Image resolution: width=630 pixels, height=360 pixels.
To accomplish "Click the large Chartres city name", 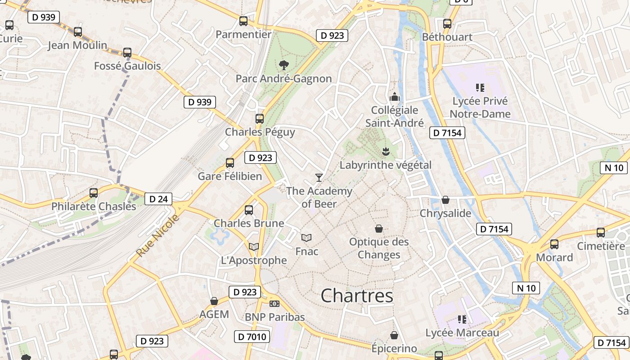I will pyautogui.click(x=357, y=296).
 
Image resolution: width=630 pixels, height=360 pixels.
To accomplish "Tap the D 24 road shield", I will pyautogui.click(x=158, y=199).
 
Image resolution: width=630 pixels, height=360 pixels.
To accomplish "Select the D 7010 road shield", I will pyautogui.click(x=252, y=337).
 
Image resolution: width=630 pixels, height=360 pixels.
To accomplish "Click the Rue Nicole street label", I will pyautogui.click(x=157, y=236).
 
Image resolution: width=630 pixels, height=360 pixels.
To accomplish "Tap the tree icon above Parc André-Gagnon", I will pyautogui.click(x=283, y=65).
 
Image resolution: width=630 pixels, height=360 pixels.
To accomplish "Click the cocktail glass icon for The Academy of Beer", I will pyautogui.click(x=319, y=177).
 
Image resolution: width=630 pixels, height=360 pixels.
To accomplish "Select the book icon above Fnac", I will pyautogui.click(x=306, y=238).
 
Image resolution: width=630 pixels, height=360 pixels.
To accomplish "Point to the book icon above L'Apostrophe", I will pyautogui.click(x=254, y=247).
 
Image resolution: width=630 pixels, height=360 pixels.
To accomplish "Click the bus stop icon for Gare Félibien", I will pyautogui.click(x=230, y=162).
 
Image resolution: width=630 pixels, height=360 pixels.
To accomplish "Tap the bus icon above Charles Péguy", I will pyautogui.click(x=260, y=119).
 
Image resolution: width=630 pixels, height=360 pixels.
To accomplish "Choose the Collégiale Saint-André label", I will pyautogui.click(x=395, y=117).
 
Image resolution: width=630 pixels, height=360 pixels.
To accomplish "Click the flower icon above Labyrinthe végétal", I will pyautogui.click(x=385, y=151).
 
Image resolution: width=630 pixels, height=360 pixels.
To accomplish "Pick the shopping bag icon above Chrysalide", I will pyautogui.click(x=445, y=199).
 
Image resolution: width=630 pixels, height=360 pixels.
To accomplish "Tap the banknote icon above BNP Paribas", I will pyautogui.click(x=274, y=304).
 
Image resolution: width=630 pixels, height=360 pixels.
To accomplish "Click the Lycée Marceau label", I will pyautogui.click(x=462, y=333).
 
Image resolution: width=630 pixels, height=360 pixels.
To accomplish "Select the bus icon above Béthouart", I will pyautogui.click(x=447, y=23).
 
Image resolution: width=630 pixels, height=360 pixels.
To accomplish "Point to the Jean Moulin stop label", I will pyautogui.click(x=77, y=45).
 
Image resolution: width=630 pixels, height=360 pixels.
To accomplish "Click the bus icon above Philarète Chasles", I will pyautogui.click(x=94, y=193).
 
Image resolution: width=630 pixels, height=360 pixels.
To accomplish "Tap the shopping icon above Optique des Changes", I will pyautogui.click(x=379, y=229).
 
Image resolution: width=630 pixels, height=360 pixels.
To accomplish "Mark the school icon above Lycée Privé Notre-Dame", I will pyautogui.click(x=480, y=87).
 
